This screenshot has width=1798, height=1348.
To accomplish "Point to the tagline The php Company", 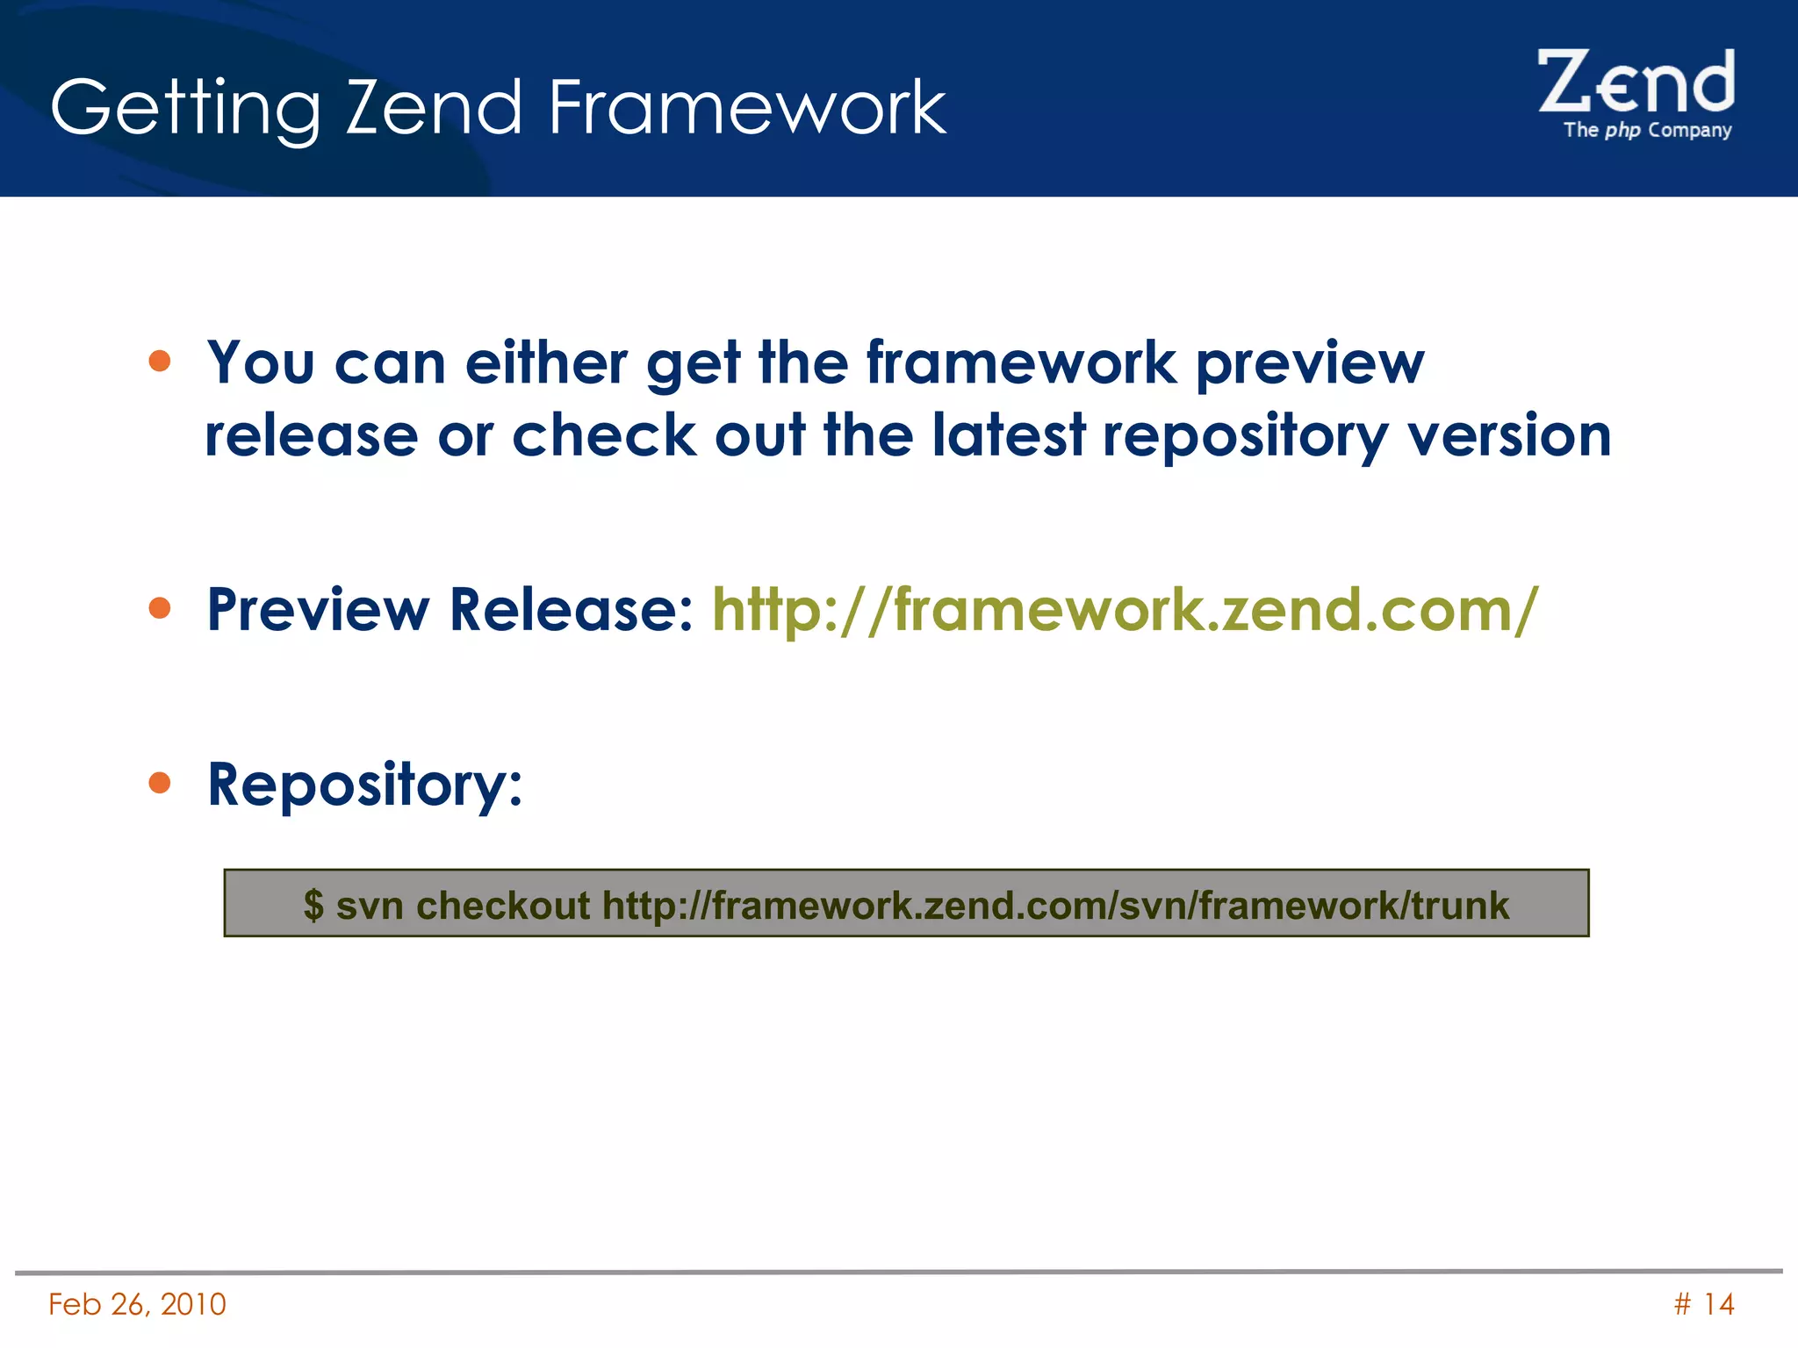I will (x=1647, y=131).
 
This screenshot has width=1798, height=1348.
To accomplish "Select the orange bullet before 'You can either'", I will (x=160, y=361).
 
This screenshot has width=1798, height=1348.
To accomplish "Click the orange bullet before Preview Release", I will (x=160, y=607).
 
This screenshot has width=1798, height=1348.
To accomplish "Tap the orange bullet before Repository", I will (x=160, y=782).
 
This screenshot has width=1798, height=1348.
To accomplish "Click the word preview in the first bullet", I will (x=1310, y=363).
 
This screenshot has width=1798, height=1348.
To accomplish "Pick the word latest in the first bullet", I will (x=1009, y=435).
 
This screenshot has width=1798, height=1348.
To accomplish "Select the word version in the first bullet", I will (x=1509, y=435).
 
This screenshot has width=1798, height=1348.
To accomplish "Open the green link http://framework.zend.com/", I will (x=1125, y=609).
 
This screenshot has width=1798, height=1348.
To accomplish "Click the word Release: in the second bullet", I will (x=572, y=609).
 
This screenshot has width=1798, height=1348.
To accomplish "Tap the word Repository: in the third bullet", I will (x=364, y=785).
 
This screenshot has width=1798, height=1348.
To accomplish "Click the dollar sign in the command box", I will (x=313, y=905).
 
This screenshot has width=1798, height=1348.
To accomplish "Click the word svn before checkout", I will (x=370, y=905).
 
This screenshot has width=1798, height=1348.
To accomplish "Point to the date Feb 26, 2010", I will (x=137, y=1304).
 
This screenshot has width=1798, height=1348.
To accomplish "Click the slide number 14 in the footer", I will (x=1718, y=1304).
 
